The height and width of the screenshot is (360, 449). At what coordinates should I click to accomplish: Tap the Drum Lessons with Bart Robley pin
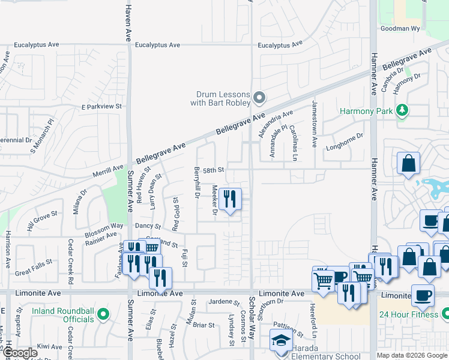tap(259, 97)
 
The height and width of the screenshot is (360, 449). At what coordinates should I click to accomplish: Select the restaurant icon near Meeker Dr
tap(230, 199)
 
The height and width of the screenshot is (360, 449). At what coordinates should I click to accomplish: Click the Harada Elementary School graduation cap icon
tap(281, 340)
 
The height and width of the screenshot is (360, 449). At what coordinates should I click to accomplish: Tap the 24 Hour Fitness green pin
tap(445, 314)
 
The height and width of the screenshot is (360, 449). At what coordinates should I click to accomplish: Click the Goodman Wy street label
tap(400, 28)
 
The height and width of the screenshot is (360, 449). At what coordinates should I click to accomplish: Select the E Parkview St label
tap(101, 106)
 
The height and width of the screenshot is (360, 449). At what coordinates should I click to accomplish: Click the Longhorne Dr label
tap(345, 140)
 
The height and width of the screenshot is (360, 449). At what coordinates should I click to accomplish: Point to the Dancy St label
tap(147, 226)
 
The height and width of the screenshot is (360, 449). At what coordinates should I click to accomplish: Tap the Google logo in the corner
tap(20, 353)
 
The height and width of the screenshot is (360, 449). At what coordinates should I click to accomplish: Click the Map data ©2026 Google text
tap(411, 355)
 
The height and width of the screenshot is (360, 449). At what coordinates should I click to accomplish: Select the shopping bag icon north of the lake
tap(408, 164)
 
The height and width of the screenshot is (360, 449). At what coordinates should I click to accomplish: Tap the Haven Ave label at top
tap(128, 20)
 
